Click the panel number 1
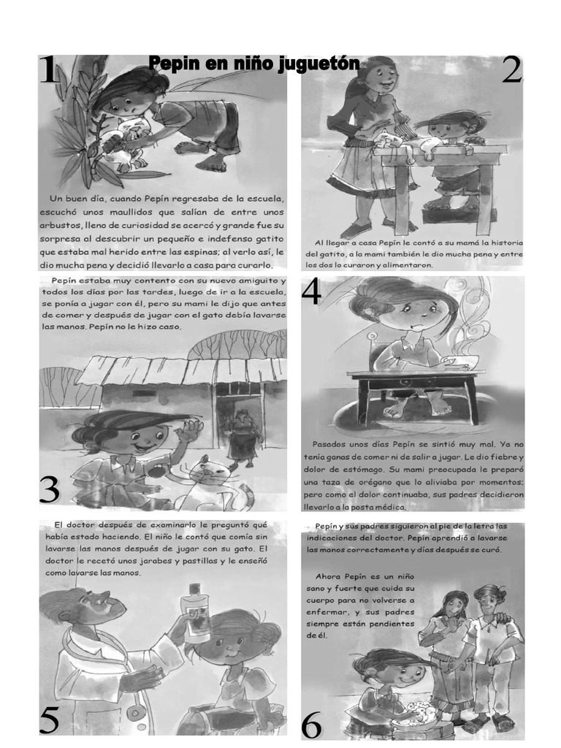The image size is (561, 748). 48,71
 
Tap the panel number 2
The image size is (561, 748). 511,71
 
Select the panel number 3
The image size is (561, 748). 49,489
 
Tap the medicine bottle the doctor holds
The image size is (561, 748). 195,613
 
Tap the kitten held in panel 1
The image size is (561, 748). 128,139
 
